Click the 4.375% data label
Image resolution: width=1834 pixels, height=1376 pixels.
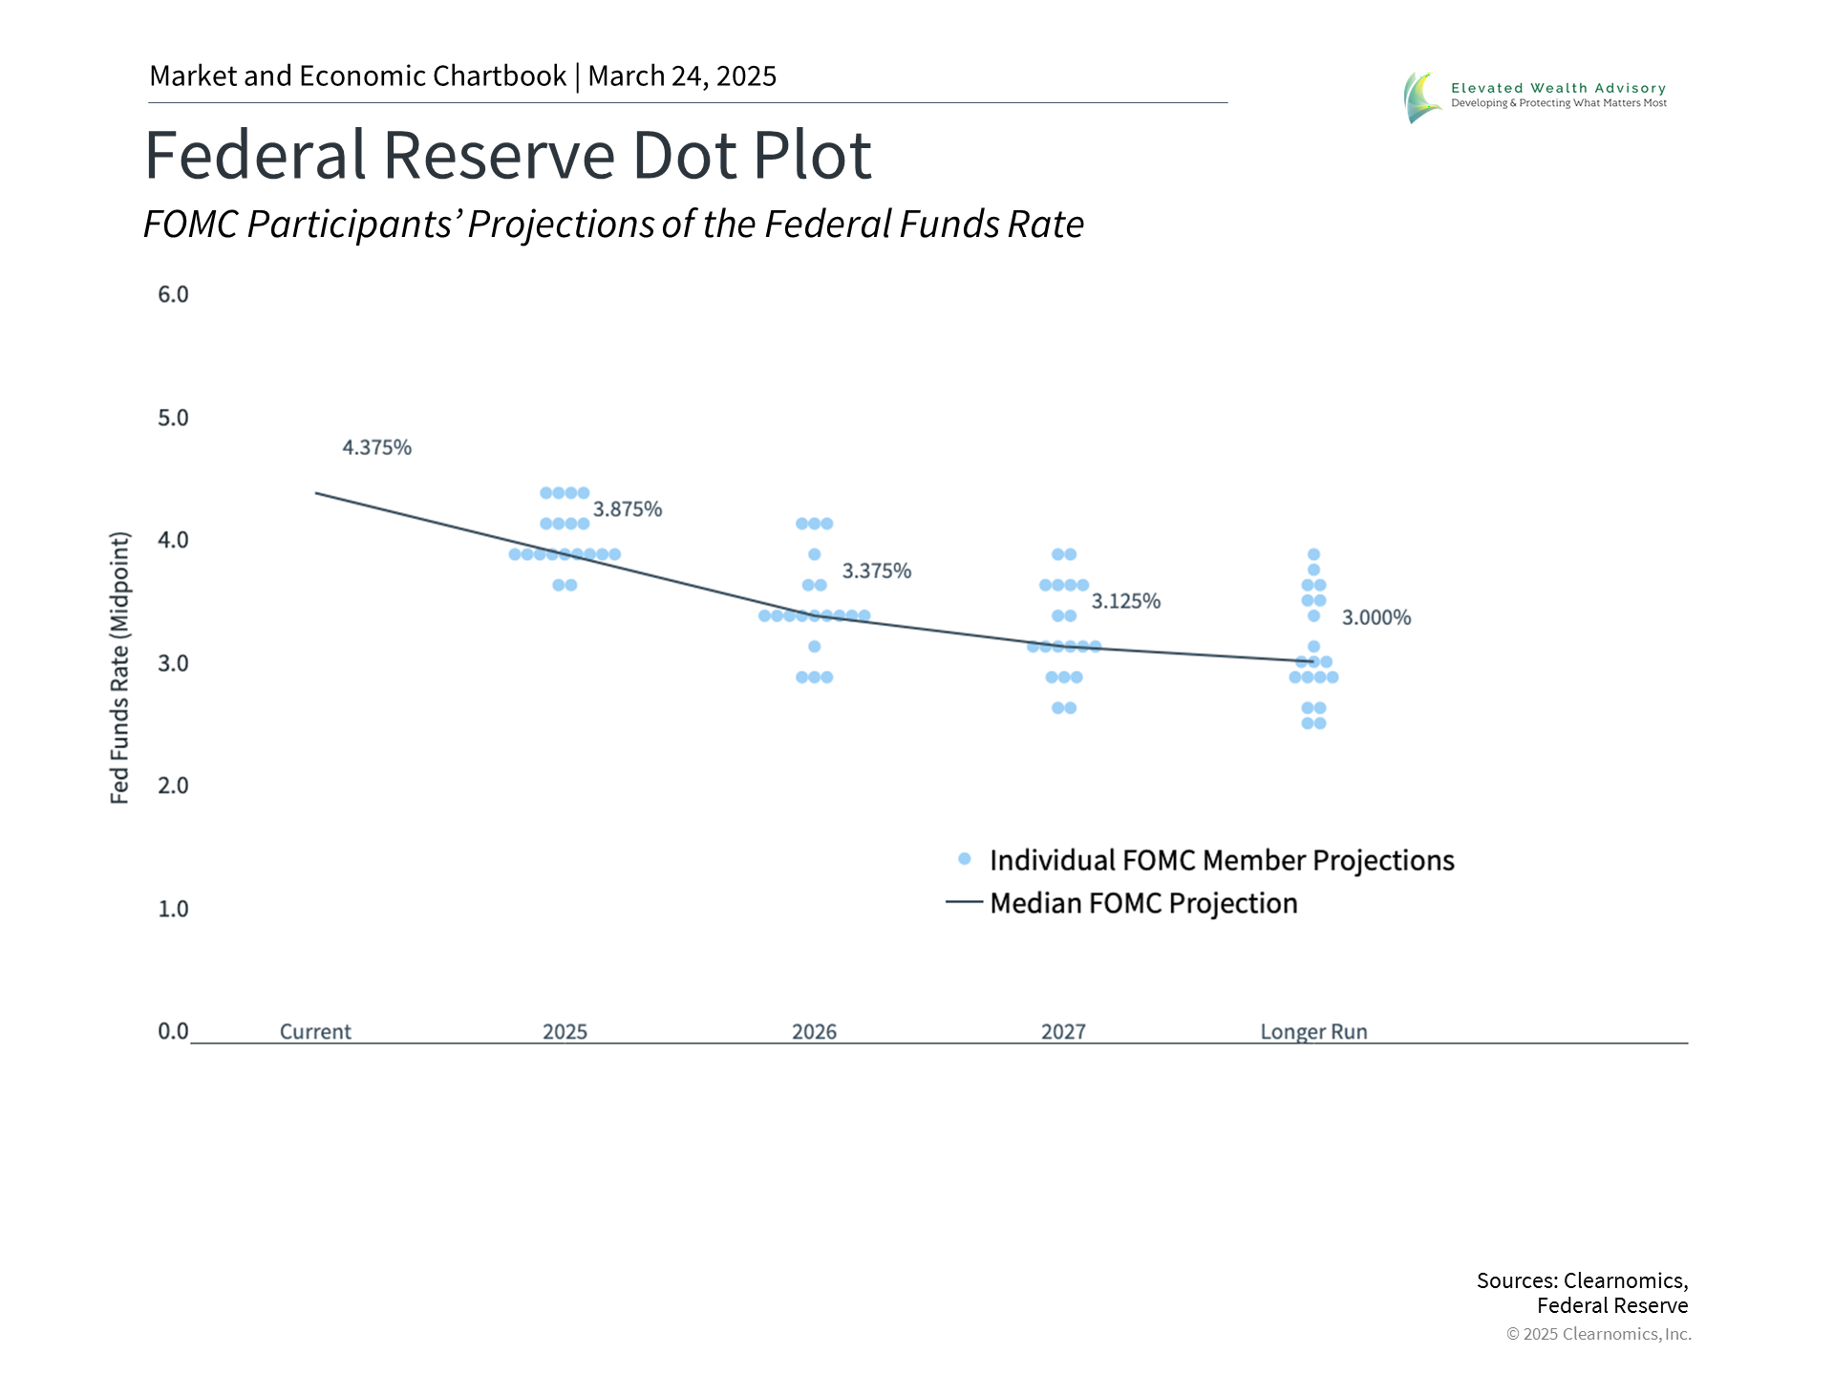[x=377, y=447]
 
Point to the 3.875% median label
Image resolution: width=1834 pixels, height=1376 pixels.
[x=628, y=509]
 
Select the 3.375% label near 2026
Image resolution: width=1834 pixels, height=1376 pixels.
[x=877, y=571]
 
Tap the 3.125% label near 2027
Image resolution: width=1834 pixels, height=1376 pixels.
[x=1126, y=601]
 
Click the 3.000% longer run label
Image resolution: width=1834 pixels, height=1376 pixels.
[x=1376, y=617]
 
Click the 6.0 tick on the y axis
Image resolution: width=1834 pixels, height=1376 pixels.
[x=173, y=294]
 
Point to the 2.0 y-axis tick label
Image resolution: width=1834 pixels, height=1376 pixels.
[x=173, y=785]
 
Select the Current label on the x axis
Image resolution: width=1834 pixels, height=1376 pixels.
[x=315, y=1032]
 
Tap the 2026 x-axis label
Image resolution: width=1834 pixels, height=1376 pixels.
[x=814, y=1032]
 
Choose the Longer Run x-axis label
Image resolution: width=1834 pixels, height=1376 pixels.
[x=1313, y=1032]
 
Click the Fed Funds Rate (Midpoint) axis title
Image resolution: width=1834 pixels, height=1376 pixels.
[x=119, y=668]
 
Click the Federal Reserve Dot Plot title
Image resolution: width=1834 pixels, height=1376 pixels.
[x=508, y=155]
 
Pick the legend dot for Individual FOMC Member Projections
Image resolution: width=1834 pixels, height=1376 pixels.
[x=965, y=859]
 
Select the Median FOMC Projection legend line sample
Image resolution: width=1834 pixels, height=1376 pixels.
[x=964, y=902]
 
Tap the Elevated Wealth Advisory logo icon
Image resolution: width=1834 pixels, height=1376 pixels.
[x=1422, y=97]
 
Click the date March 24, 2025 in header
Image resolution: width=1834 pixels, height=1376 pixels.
[x=682, y=76]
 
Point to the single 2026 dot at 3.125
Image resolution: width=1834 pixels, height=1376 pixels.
[x=815, y=647]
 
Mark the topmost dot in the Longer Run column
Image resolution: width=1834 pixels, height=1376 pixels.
[x=1313, y=554]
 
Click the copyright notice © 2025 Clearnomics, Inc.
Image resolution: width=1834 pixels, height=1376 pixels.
[x=1599, y=1334]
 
